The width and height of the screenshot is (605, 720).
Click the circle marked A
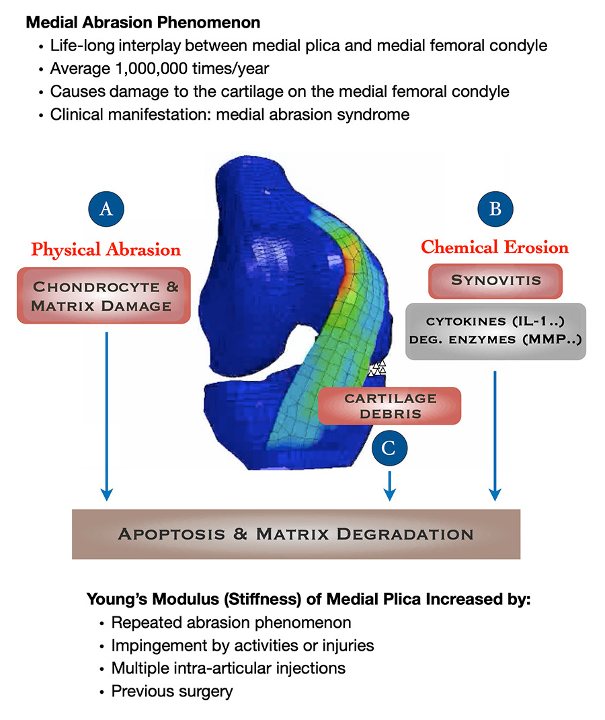[106, 209]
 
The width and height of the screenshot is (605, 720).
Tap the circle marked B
[495, 209]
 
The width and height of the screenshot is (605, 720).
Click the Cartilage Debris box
[390, 406]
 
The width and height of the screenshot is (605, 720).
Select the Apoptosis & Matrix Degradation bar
[296, 534]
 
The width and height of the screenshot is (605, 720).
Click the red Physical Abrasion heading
[106, 250]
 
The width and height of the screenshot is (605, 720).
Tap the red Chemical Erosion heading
[495, 247]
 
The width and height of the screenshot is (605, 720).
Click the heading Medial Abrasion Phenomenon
[143, 22]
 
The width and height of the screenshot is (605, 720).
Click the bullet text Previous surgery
[172, 691]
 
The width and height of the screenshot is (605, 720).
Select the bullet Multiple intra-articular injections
[229, 668]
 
